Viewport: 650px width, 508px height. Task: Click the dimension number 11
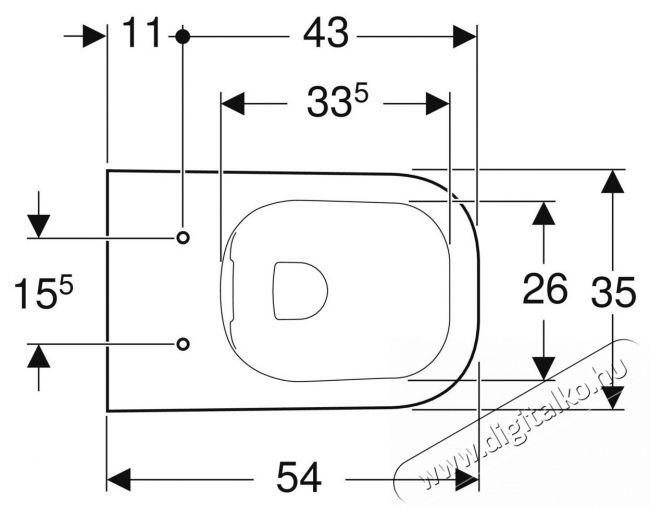coord(142,33)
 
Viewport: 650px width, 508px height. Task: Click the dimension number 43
coord(326,33)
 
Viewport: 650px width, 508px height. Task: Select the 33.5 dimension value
coord(337,101)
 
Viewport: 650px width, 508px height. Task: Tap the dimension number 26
coord(545,289)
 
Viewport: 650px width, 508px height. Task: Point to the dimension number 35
coord(614,292)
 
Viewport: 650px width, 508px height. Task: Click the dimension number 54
coord(299,477)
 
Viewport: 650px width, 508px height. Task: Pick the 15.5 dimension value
coord(43,293)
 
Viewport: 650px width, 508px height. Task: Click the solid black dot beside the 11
coord(182,36)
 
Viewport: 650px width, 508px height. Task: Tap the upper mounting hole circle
coord(183,238)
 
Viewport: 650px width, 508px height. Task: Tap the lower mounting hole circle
coord(183,344)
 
